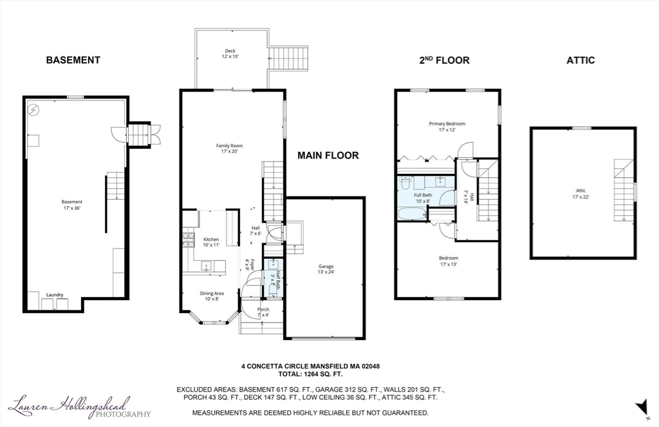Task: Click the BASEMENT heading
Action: click(x=73, y=60)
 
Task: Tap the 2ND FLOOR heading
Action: click(x=444, y=60)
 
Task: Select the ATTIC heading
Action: click(x=580, y=60)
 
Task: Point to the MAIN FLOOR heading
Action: click(x=328, y=155)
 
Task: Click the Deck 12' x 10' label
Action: click(x=230, y=53)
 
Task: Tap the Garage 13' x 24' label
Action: click(x=326, y=269)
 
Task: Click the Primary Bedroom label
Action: click(x=447, y=126)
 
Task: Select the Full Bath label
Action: click(x=423, y=197)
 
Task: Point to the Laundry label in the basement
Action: click(x=55, y=295)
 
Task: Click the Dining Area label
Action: click(x=212, y=296)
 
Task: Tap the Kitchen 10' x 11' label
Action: click(x=211, y=242)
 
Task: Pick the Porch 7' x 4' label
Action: click(x=263, y=312)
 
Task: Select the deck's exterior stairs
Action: click(x=288, y=58)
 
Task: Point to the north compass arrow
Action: click(x=641, y=406)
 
